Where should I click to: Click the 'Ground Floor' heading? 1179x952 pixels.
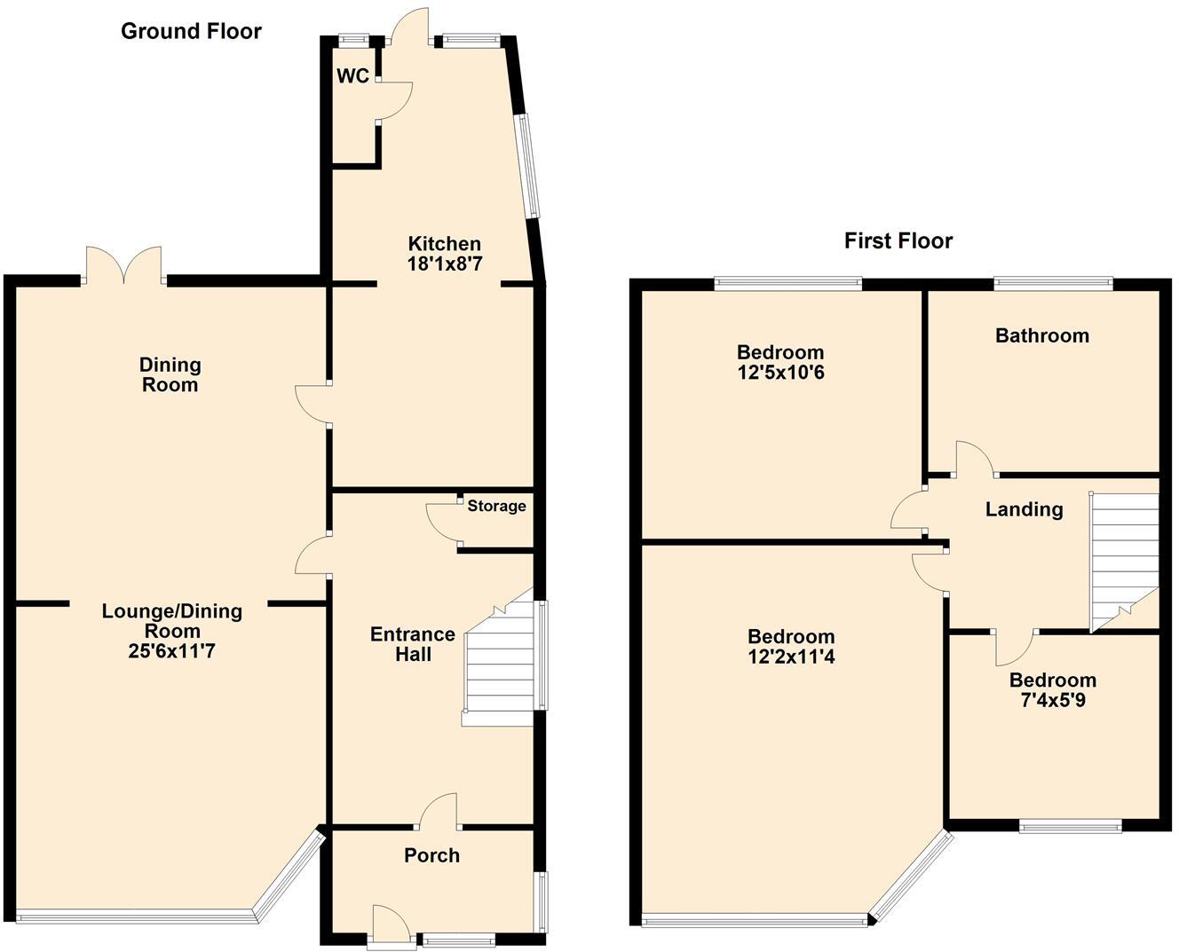(191, 32)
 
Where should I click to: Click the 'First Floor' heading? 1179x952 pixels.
(898, 241)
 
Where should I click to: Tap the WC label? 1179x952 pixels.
(352, 76)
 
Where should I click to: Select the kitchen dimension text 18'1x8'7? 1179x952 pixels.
(445, 264)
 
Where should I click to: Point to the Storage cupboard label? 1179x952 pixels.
(496, 507)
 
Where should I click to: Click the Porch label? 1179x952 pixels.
(431, 856)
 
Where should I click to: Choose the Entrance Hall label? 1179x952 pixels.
(413, 645)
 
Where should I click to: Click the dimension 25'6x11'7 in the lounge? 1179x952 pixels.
(171, 652)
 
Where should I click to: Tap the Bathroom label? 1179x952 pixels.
(1041, 336)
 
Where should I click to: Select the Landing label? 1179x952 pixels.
(1024, 509)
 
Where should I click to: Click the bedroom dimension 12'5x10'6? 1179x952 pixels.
(780, 373)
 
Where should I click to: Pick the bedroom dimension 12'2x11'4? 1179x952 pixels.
(791, 657)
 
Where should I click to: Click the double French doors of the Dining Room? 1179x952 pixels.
(124, 266)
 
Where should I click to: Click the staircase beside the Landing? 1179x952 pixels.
(1124, 559)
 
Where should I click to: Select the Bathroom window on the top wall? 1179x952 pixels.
(1053, 284)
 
